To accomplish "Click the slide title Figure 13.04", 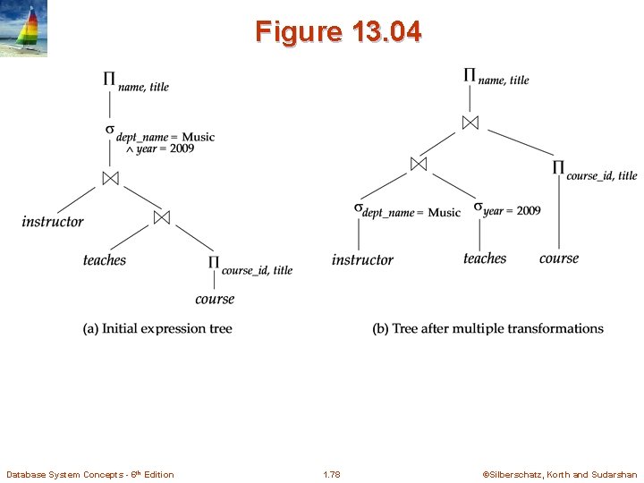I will point(337,32).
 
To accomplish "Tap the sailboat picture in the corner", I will point(23,30).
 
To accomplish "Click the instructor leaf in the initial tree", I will point(53,221).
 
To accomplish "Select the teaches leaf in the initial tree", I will point(105,260).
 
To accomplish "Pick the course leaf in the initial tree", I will point(215,299).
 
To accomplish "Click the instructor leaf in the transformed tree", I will point(362,259).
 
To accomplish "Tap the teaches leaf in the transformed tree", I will point(485,258).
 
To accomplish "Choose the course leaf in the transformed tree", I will point(559,258).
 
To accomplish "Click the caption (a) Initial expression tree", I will point(157,329).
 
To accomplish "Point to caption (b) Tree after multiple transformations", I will point(487,329).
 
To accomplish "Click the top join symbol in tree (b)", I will point(470,122).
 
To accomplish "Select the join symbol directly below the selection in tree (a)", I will point(110,178).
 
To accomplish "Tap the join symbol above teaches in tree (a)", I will point(162,217).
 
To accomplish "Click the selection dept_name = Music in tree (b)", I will point(408,211).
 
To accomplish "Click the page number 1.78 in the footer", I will point(331,475).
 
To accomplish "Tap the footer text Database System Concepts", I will point(89,475).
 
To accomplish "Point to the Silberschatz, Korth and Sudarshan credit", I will point(560,475).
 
